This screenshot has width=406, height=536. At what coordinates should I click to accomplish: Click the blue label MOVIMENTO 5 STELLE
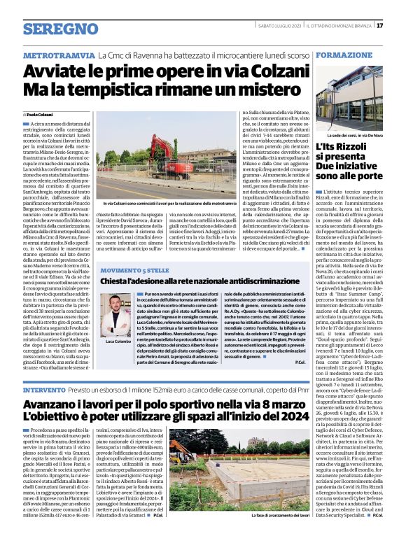click(x=136, y=250)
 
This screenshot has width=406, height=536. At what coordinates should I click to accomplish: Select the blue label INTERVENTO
click(x=46, y=390)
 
